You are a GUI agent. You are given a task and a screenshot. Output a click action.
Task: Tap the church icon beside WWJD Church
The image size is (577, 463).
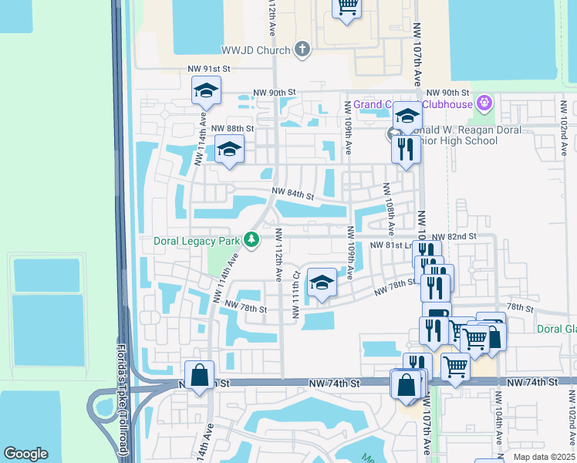click(302, 50)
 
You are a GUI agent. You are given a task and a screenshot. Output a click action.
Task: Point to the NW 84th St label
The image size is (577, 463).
click(292, 195)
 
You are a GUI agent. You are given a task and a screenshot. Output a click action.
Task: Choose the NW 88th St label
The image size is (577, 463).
click(232, 128)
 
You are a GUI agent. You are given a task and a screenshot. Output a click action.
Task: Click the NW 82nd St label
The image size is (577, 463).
click(454, 236)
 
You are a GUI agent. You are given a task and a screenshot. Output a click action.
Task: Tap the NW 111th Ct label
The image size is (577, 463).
click(295, 293)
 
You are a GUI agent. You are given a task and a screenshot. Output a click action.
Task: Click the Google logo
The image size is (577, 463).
click(25, 454)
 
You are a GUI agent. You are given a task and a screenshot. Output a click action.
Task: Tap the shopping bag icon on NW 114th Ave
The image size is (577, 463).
click(200, 376)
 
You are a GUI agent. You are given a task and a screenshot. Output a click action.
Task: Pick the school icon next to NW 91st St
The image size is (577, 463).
click(206, 91)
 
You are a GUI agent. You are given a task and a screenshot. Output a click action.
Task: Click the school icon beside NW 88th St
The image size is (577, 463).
click(229, 149)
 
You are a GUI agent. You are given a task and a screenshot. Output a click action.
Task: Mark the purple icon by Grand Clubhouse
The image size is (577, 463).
click(484, 102)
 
